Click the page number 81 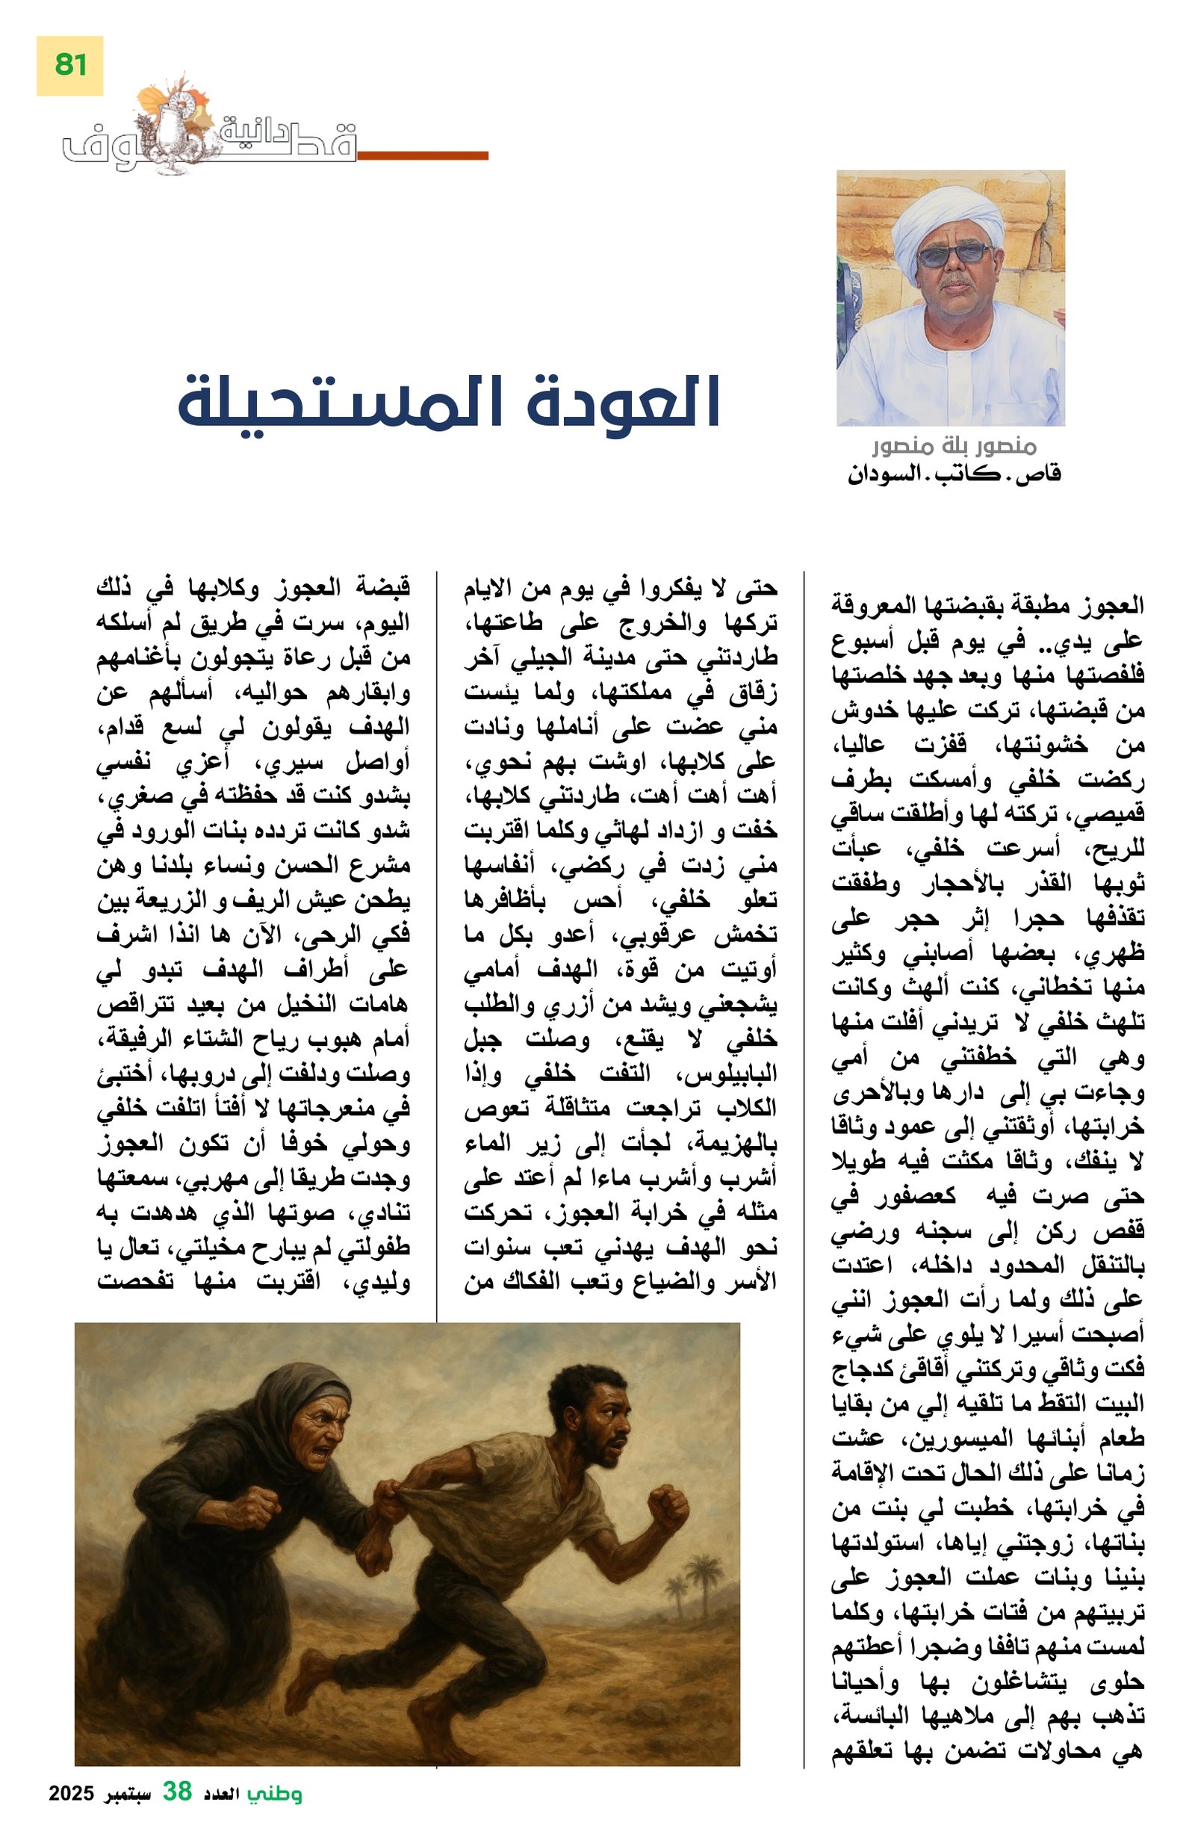(69, 65)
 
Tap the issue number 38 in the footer (176, 1813)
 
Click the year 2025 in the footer (72, 1815)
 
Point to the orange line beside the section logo (423, 155)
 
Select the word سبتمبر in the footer (127, 1815)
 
